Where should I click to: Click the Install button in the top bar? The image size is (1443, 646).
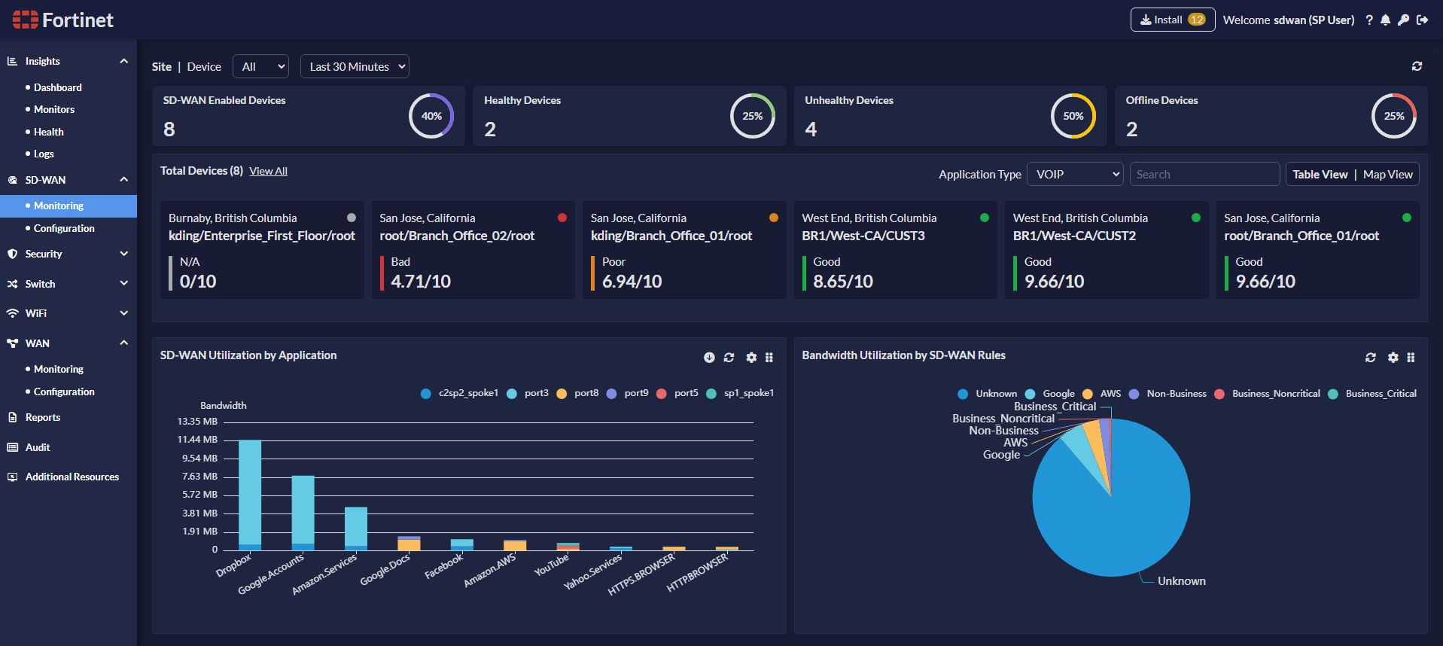click(1172, 20)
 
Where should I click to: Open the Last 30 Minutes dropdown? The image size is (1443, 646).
click(355, 67)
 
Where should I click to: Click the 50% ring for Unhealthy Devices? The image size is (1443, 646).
click(1073, 116)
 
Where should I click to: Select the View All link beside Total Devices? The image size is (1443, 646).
click(268, 172)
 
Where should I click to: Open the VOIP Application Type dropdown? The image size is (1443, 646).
click(1075, 175)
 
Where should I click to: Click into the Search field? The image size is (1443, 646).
click(1204, 175)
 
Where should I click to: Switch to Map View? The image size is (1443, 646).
click(1387, 175)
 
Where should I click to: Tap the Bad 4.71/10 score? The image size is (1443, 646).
click(421, 282)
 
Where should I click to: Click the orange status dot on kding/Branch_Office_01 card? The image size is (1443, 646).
click(773, 218)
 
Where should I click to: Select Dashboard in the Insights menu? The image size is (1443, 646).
click(57, 87)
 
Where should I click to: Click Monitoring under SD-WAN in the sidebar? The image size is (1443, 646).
click(59, 206)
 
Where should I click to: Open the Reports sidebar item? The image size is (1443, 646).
click(42, 417)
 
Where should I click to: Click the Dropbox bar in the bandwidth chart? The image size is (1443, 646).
click(250, 493)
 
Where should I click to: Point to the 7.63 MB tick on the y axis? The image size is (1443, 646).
click(199, 477)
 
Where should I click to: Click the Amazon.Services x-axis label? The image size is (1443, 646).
click(324, 575)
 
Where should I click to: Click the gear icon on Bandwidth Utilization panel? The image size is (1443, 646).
click(1393, 358)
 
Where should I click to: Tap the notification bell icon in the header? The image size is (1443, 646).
click(1385, 20)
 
